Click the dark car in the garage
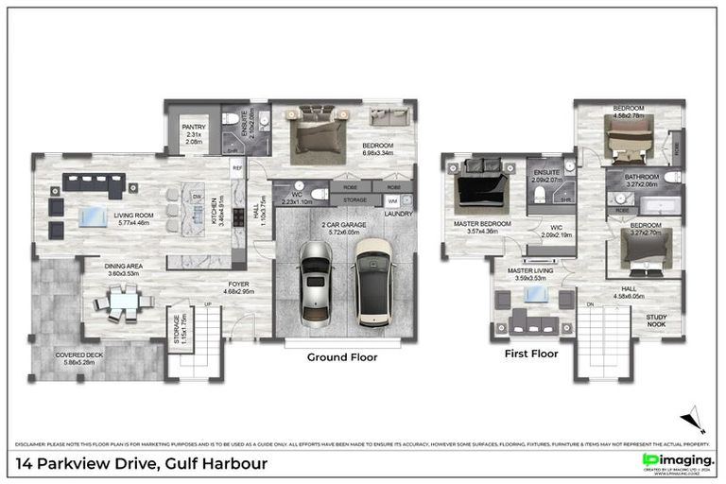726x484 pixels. click(x=374, y=281)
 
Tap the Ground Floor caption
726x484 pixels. click(x=342, y=357)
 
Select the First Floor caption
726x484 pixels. click(x=530, y=354)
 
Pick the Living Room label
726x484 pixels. click(x=133, y=216)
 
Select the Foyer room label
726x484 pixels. click(x=237, y=283)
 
